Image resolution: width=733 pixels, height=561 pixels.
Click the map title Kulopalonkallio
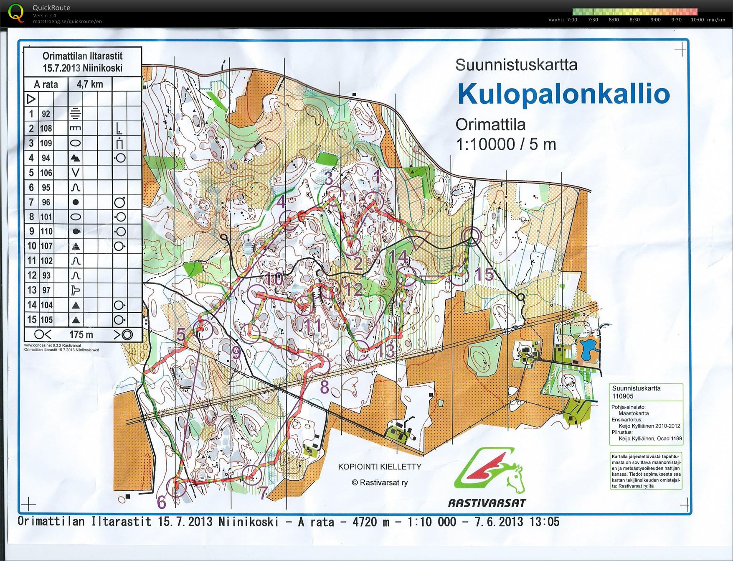pos(563,94)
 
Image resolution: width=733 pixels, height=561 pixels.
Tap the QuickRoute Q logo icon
pos(16,13)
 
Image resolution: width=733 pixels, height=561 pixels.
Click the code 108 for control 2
pos(46,129)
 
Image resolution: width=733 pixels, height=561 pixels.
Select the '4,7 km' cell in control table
pos(90,84)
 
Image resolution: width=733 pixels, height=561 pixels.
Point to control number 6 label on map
pos(162,502)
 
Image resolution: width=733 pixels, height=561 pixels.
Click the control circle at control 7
pos(252,474)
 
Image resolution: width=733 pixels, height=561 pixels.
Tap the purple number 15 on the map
pos(484,275)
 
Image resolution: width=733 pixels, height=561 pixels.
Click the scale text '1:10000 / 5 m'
pos(506,145)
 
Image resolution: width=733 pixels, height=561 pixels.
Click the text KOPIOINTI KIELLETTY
pos(380,467)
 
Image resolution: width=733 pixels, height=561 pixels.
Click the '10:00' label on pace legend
pos(697,20)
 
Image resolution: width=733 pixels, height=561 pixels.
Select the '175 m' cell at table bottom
pos(81,335)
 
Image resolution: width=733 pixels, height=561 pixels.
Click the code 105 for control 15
pos(46,320)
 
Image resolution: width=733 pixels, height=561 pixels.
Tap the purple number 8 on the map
pos(325,388)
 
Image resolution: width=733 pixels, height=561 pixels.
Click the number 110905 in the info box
pos(623,396)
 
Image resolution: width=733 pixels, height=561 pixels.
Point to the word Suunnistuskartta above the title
pos(516,65)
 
